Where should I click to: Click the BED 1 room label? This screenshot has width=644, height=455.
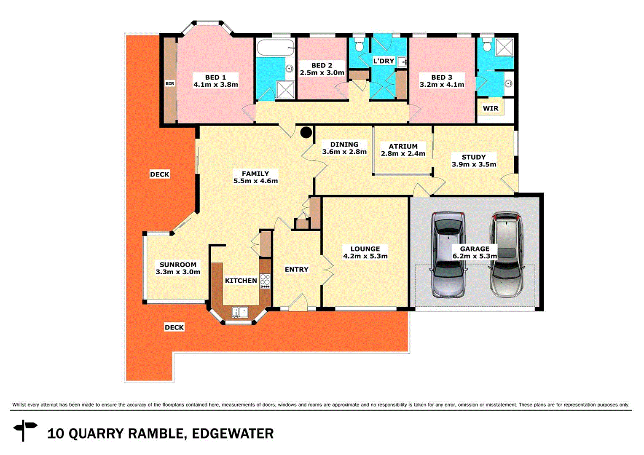click(x=215, y=78)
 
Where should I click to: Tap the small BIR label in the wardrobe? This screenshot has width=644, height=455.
click(x=170, y=83)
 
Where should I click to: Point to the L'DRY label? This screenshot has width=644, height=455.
click(x=384, y=61)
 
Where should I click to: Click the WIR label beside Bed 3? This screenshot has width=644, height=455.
click(x=490, y=108)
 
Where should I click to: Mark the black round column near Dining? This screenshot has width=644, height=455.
click(x=306, y=133)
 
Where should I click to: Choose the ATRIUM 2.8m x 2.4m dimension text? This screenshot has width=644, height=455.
click(x=403, y=154)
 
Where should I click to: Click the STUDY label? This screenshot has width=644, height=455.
click(x=474, y=157)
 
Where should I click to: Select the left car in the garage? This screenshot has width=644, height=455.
click(x=448, y=255)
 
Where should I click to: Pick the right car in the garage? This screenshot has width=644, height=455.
click(x=506, y=254)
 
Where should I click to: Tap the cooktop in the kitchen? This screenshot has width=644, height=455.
click(x=265, y=281)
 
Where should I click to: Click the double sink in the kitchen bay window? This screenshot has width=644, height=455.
click(x=240, y=312)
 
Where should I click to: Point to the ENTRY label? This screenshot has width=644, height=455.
click(x=296, y=269)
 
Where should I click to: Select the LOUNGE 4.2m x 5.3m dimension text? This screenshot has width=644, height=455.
click(x=365, y=256)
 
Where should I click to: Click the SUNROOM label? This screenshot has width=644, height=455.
click(x=178, y=265)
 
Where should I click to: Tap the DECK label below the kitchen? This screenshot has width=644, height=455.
click(x=174, y=327)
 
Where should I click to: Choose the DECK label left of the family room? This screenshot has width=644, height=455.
click(x=160, y=174)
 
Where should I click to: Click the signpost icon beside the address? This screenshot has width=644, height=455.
click(x=25, y=430)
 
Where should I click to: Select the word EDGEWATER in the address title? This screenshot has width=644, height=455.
click(x=233, y=434)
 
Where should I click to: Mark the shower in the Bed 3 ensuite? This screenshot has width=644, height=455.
click(x=504, y=47)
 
